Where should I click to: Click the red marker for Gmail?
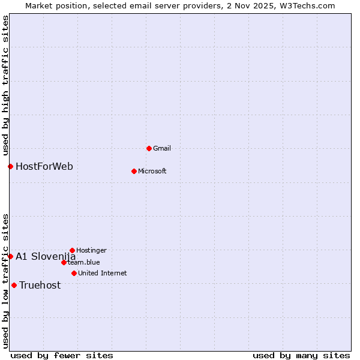149,148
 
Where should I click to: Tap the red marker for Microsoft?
134,171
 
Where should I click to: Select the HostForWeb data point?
10,166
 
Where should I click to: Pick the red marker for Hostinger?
72,250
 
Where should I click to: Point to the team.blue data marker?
64,262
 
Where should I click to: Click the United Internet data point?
74,273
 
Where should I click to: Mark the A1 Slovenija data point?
10,256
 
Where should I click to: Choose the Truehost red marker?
14,285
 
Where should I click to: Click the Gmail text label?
162,148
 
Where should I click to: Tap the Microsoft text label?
152,171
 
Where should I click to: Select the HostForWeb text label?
44,166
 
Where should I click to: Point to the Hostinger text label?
91,250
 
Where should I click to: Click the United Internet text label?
103,273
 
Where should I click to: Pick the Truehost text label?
40,285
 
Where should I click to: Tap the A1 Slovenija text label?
46,256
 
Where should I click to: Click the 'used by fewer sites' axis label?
62,355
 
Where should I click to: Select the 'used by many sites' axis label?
301,355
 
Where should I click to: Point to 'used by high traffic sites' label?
5,85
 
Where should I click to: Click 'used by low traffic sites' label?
5,281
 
